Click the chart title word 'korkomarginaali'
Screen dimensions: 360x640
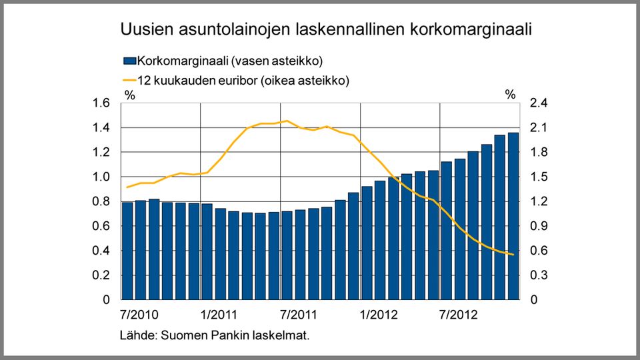[470, 30]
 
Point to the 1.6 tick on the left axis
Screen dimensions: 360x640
[101, 103]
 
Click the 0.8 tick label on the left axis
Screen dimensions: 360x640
[101, 201]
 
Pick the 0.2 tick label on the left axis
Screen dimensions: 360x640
[101, 275]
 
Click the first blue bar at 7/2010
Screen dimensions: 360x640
[127, 251]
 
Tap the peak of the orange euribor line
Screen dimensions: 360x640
[287, 121]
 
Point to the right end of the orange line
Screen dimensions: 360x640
[513, 255]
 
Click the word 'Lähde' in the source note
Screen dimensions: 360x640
[135, 335]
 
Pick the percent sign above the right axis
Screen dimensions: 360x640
[510, 95]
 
